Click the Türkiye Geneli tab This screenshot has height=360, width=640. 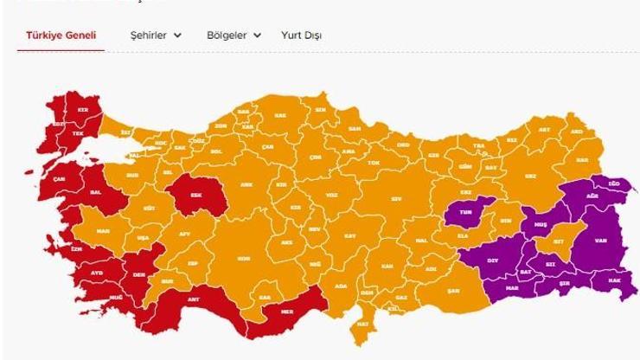coord(61,35)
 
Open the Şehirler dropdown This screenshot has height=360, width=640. coord(156,35)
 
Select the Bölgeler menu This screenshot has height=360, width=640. coord(234,35)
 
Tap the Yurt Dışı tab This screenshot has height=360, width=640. coord(301,35)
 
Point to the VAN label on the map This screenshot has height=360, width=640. coord(596,242)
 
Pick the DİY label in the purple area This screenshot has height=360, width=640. coord(470,260)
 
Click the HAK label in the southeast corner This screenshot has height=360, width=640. coord(614,281)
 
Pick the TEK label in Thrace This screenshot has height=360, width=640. coord(77,134)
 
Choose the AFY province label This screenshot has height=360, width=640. coord(183,235)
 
